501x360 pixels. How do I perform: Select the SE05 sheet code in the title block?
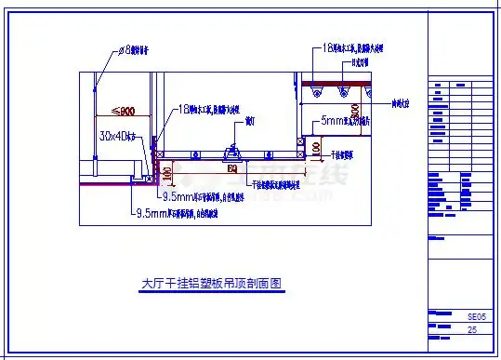pyautogui.click(x=475, y=317)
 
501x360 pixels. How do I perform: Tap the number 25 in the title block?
pyautogui.click(x=473, y=330)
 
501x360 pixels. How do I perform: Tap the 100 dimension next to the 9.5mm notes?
pyautogui.click(x=166, y=172)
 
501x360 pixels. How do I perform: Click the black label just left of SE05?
pyautogui.click(x=437, y=316)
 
